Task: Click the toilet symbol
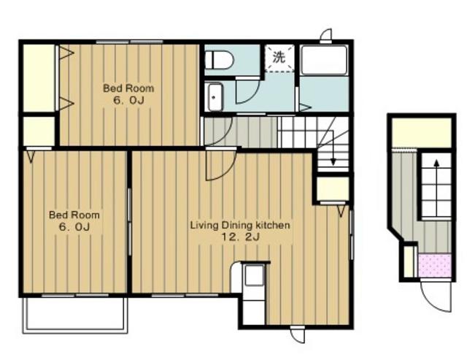219,60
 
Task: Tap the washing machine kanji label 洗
279,57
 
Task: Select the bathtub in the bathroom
324,61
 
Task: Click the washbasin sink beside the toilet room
215,97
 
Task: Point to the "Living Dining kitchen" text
240,225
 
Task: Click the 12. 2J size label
240,237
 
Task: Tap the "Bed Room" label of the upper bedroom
128,88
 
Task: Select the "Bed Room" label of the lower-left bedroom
74,215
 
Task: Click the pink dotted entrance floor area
435,265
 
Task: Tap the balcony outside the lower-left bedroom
76,315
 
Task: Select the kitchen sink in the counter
254,276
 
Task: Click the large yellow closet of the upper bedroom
39,78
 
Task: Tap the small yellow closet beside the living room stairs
333,189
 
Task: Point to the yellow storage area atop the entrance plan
422,132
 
